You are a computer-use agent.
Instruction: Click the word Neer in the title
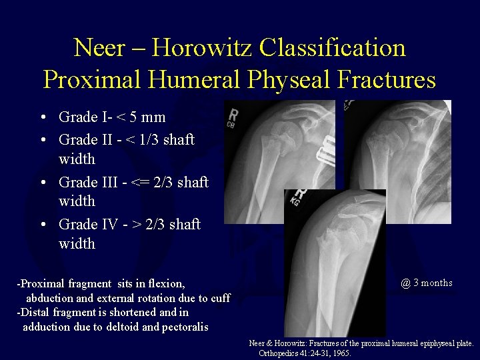pos(98,48)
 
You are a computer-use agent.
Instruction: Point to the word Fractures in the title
pos(387,79)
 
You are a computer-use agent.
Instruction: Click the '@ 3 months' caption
pos(427,283)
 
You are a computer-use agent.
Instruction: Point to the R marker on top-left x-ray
pos(233,115)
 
